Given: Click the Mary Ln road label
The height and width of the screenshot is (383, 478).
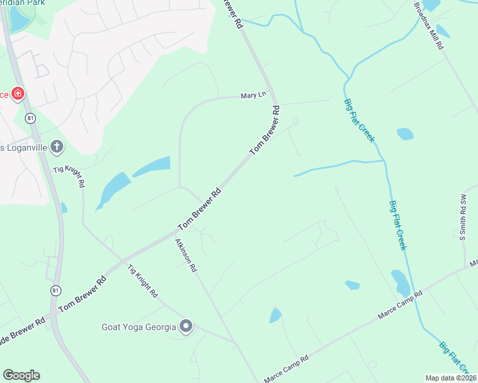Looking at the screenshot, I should (x=252, y=95).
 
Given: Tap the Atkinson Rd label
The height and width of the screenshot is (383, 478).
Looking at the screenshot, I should (x=185, y=255).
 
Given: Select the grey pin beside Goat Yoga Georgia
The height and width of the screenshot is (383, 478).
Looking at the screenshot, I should (x=186, y=327).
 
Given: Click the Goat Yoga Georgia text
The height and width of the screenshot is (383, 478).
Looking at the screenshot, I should (x=139, y=327).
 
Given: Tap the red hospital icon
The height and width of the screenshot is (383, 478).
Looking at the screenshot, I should (x=18, y=94).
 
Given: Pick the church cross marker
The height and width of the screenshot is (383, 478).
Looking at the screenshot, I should (x=56, y=147).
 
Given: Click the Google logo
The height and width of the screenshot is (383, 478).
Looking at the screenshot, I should (x=21, y=375).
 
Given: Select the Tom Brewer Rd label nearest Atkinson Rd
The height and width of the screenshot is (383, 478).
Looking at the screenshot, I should (x=199, y=209).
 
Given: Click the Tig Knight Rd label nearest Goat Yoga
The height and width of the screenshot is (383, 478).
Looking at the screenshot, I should (x=142, y=282).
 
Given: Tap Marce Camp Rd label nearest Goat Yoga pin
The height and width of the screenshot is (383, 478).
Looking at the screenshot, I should (x=286, y=368).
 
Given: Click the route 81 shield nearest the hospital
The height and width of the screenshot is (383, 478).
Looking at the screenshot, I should (x=29, y=118).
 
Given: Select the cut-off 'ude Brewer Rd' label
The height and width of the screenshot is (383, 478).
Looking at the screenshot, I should (x=22, y=324).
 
